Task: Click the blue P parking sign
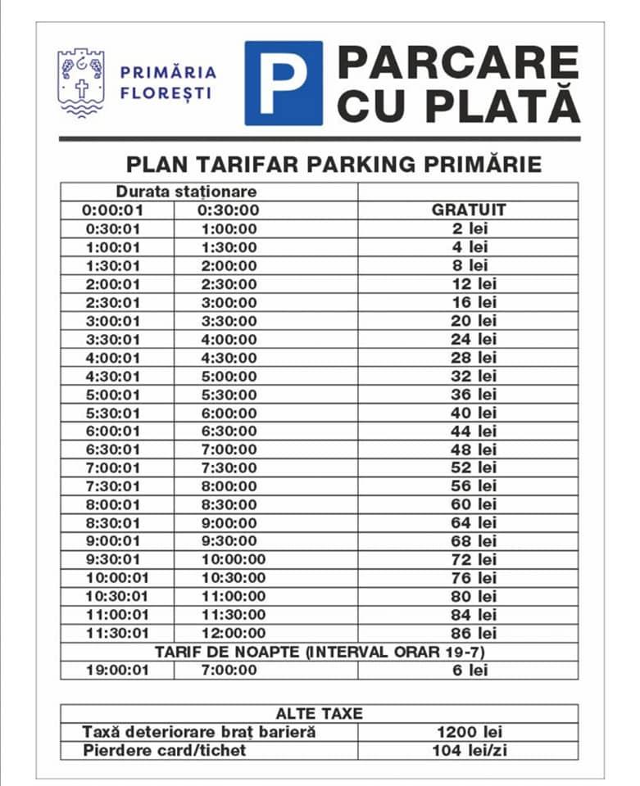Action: pos(284,83)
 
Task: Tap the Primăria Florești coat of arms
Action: pos(80,83)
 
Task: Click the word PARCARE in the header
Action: pos(458,62)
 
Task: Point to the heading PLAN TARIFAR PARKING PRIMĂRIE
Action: pos(334,164)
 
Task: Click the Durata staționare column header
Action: pos(186,192)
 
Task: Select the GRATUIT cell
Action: pos(469,210)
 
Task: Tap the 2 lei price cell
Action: pos(469,228)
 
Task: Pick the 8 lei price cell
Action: pos(469,265)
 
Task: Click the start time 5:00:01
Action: pos(113,395)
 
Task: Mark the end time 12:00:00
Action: pos(234,633)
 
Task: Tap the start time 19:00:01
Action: pos(117,671)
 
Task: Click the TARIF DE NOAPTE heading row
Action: pos(319,652)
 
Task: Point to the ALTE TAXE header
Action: pos(319,713)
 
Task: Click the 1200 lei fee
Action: pos(469,732)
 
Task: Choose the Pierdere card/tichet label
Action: pos(164,750)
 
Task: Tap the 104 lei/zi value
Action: pos(469,750)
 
